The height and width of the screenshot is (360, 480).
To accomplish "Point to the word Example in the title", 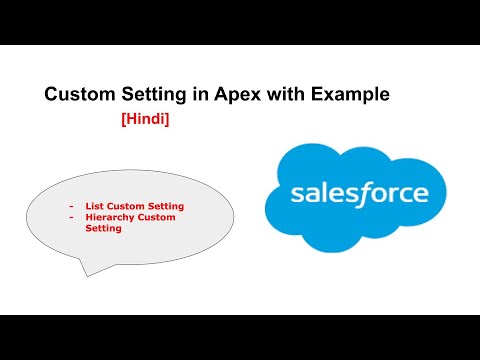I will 350,95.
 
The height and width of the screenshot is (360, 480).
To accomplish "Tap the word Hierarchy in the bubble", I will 107,218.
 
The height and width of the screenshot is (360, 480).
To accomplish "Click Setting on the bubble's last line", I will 104,229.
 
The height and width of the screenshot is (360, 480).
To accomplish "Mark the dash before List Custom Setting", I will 71,207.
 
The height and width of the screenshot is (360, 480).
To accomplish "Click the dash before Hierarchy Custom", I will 71,218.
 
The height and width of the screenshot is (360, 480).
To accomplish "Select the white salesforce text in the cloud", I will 359,193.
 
